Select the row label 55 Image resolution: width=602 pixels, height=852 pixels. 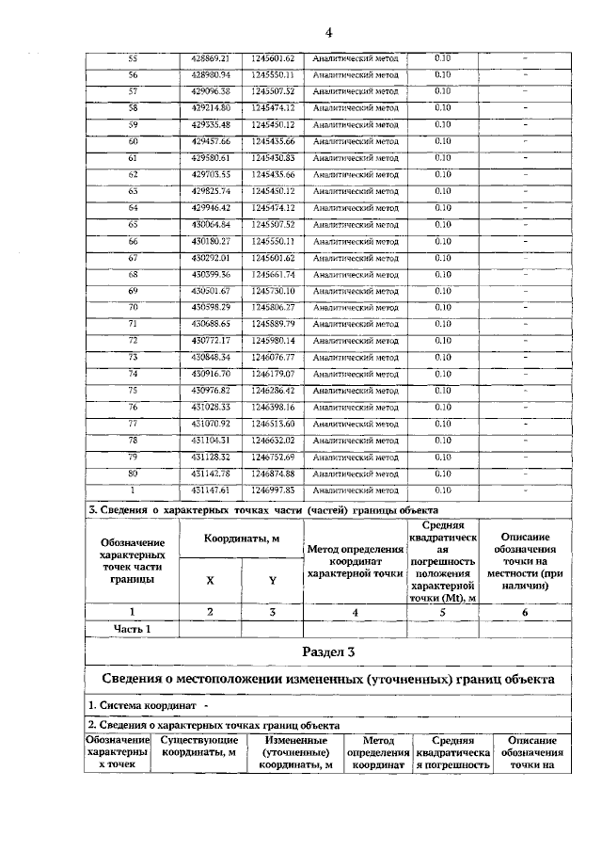133,58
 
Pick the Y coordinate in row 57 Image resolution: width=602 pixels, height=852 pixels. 274,91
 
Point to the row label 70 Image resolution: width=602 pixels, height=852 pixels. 133,307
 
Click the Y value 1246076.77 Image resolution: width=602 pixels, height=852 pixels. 274,357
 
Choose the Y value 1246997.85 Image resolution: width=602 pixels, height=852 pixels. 274,490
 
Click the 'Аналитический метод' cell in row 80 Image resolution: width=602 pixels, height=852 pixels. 356,474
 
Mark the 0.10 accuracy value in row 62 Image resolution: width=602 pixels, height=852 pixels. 442,174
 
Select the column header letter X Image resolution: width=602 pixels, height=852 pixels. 210,581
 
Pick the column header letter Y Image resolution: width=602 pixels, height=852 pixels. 272,581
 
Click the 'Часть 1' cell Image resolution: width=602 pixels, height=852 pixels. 133,628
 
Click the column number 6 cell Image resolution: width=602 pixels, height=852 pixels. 525,612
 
